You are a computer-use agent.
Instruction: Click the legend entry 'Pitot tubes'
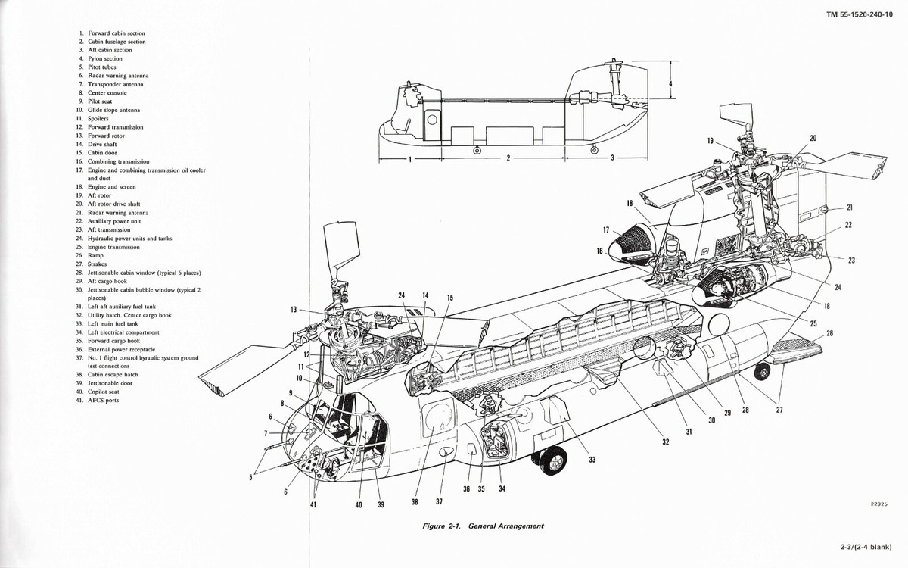pos(101,67)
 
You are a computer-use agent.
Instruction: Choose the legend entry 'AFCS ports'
pos(103,400)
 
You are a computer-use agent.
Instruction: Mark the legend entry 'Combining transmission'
pos(118,161)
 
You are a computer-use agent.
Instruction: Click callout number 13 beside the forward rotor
pos(294,309)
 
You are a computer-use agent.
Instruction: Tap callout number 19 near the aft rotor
pos(711,141)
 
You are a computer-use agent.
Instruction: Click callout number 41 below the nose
pos(313,505)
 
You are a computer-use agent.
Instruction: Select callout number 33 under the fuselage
pos(591,459)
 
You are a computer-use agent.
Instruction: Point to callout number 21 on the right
pos(849,208)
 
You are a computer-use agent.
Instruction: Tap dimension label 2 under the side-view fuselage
pos(508,159)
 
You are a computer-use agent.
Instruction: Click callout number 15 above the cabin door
pos(450,298)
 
